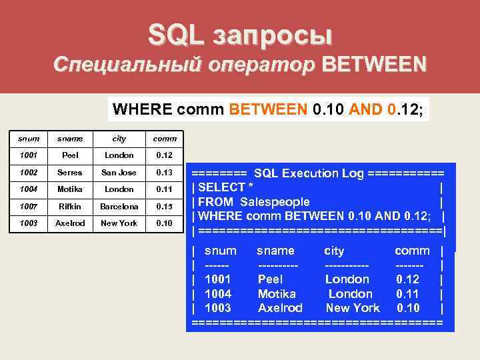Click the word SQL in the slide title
(175, 35)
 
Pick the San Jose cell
(119, 172)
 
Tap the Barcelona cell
(119, 206)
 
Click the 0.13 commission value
(164, 172)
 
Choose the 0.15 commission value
(164, 206)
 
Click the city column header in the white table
(119, 139)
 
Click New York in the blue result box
(353, 308)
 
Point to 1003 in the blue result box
(218, 308)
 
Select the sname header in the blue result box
(275, 251)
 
